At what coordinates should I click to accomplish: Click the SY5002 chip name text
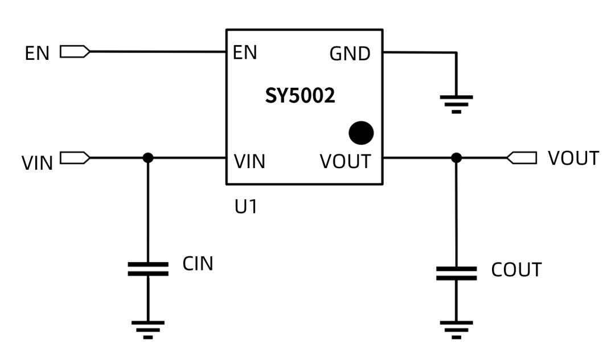tap(300, 96)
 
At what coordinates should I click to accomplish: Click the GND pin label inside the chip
tap(350, 54)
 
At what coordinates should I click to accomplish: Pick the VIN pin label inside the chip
tap(249, 162)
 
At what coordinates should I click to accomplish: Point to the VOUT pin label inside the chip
tap(345, 162)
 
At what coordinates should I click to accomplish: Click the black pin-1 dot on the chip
tap(361, 133)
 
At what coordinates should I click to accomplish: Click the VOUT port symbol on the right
tap(522, 158)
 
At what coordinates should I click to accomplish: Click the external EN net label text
tap(38, 54)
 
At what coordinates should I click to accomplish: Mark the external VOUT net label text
tap(573, 159)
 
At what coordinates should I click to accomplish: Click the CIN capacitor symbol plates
tap(148, 269)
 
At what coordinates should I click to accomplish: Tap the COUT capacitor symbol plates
tap(456, 273)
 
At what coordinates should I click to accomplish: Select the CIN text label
tap(198, 264)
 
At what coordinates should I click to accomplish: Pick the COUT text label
tap(516, 270)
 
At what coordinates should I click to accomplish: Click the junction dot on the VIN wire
tap(148, 158)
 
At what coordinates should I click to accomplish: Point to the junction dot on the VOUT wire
tap(456, 158)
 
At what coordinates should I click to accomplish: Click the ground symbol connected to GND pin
tap(456, 103)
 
